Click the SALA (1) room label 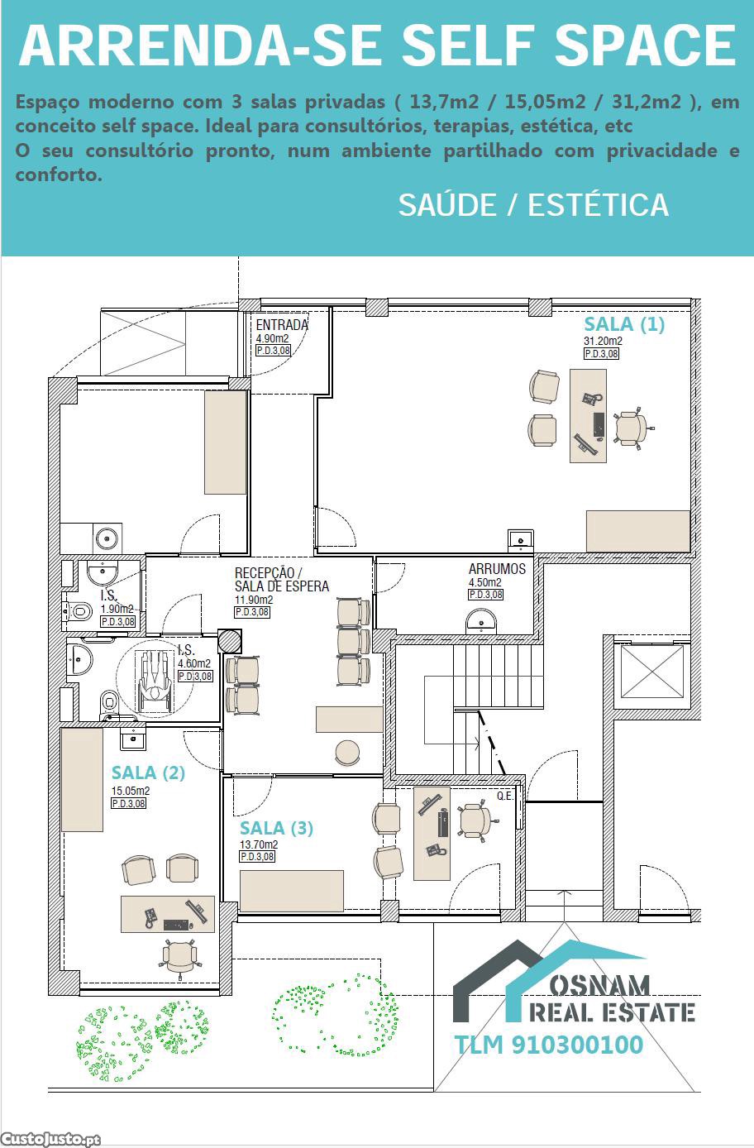624,324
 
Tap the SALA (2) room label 148,773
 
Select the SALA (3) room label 276,828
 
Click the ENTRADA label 282,325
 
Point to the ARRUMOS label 497,569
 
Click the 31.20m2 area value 603,341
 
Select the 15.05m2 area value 131,791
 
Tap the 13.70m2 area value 259,844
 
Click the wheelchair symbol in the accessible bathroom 155,682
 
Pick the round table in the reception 347,753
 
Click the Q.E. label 504,796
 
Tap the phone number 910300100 577,1045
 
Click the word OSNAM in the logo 599,985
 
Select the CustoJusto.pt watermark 50,1139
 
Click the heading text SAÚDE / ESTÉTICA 533,205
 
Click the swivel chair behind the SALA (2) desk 179,958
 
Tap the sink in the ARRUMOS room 481,620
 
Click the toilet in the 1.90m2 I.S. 78,611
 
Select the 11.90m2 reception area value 254,600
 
